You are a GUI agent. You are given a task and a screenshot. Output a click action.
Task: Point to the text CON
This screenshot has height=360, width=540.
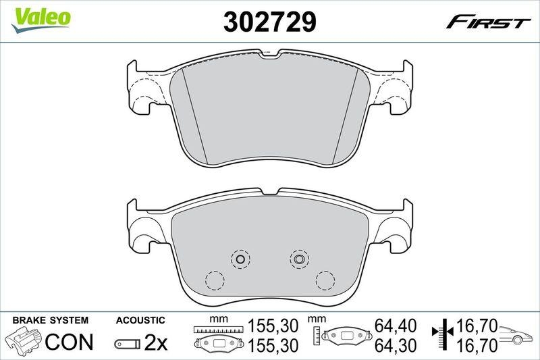point(69,342)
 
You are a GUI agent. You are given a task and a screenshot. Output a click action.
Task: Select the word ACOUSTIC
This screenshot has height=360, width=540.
point(140,320)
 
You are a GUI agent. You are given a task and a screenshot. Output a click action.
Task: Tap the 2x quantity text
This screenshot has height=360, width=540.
point(156,343)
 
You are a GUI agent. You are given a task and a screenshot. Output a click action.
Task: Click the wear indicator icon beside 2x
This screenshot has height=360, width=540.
point(128,344)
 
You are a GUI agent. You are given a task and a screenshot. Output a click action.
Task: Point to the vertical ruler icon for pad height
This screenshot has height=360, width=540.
point(317,335)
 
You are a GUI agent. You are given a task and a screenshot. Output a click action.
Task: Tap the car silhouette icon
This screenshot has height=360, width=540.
point(518,335)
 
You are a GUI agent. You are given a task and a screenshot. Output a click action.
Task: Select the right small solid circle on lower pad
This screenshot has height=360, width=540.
point(298,257)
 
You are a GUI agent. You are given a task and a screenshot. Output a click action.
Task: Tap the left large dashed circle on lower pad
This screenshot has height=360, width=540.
point(215,279)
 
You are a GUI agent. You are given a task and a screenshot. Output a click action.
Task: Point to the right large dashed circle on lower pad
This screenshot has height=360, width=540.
point(325,279)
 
